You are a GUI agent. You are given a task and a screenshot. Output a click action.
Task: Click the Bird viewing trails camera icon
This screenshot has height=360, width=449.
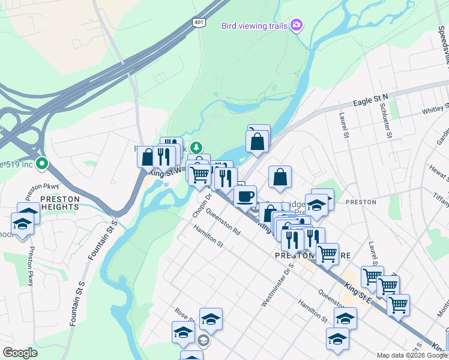296,25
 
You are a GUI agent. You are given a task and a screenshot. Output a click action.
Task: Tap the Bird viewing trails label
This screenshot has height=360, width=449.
255,26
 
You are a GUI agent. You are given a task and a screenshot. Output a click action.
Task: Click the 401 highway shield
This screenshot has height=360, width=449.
199,22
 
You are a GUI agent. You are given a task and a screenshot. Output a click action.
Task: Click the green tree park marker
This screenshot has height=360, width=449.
196,148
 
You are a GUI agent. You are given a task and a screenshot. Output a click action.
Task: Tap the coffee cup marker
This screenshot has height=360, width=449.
245,196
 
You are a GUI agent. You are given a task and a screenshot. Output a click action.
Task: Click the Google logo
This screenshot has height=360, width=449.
20,352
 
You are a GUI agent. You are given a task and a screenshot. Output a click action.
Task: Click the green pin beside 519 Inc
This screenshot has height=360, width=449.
42,163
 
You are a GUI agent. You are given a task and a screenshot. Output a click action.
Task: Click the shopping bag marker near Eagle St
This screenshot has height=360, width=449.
257,142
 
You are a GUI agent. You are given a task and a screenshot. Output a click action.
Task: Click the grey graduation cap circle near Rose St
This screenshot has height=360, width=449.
203,341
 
